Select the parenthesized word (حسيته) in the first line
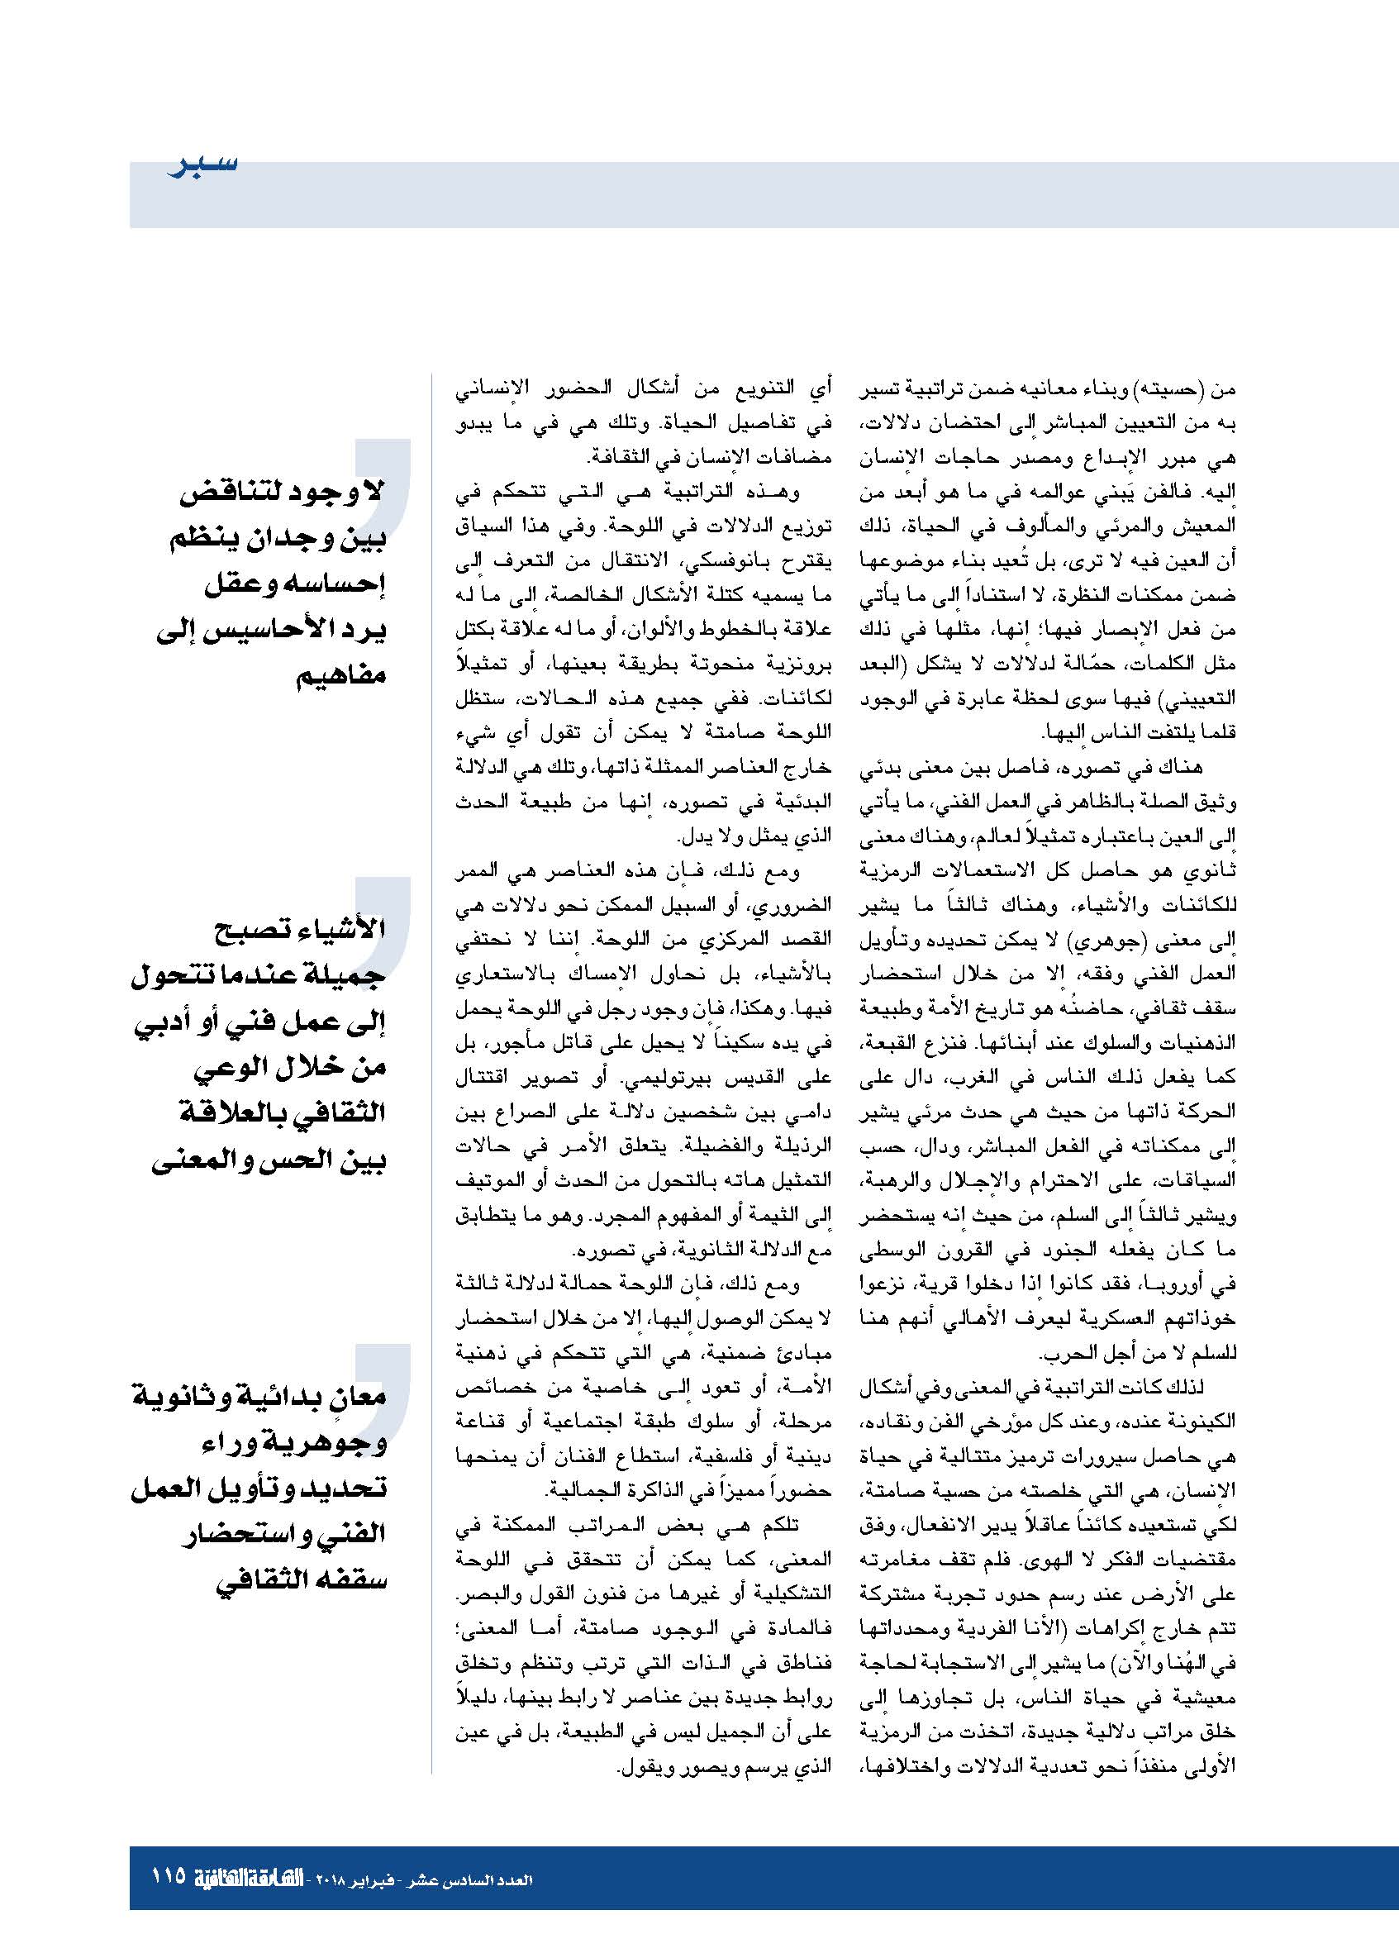(x=1185, y=390)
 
